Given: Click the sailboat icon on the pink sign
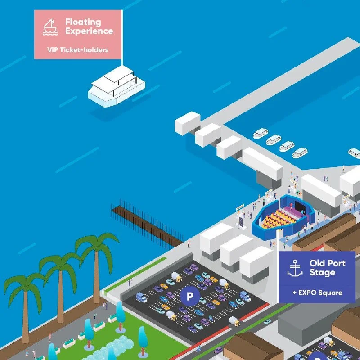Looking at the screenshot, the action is tap(50, 27).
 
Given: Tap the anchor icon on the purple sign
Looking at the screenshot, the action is tap(295, 268).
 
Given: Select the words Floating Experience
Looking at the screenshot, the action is tap(89, 27).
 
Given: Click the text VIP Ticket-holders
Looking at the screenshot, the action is tap(77, 50).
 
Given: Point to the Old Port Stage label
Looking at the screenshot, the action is tap(328, 268).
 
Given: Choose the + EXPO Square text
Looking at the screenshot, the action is tap(318, 292).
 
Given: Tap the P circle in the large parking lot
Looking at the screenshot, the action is tap(190, 296).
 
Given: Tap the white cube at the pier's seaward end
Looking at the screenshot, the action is tap(187, 123).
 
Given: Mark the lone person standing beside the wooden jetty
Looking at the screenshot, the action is tap(189, 244).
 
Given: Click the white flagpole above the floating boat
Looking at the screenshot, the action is tap(122, 38).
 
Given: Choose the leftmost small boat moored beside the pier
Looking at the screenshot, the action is tap(261, 133).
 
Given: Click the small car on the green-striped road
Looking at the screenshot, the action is tap(267, 321).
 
